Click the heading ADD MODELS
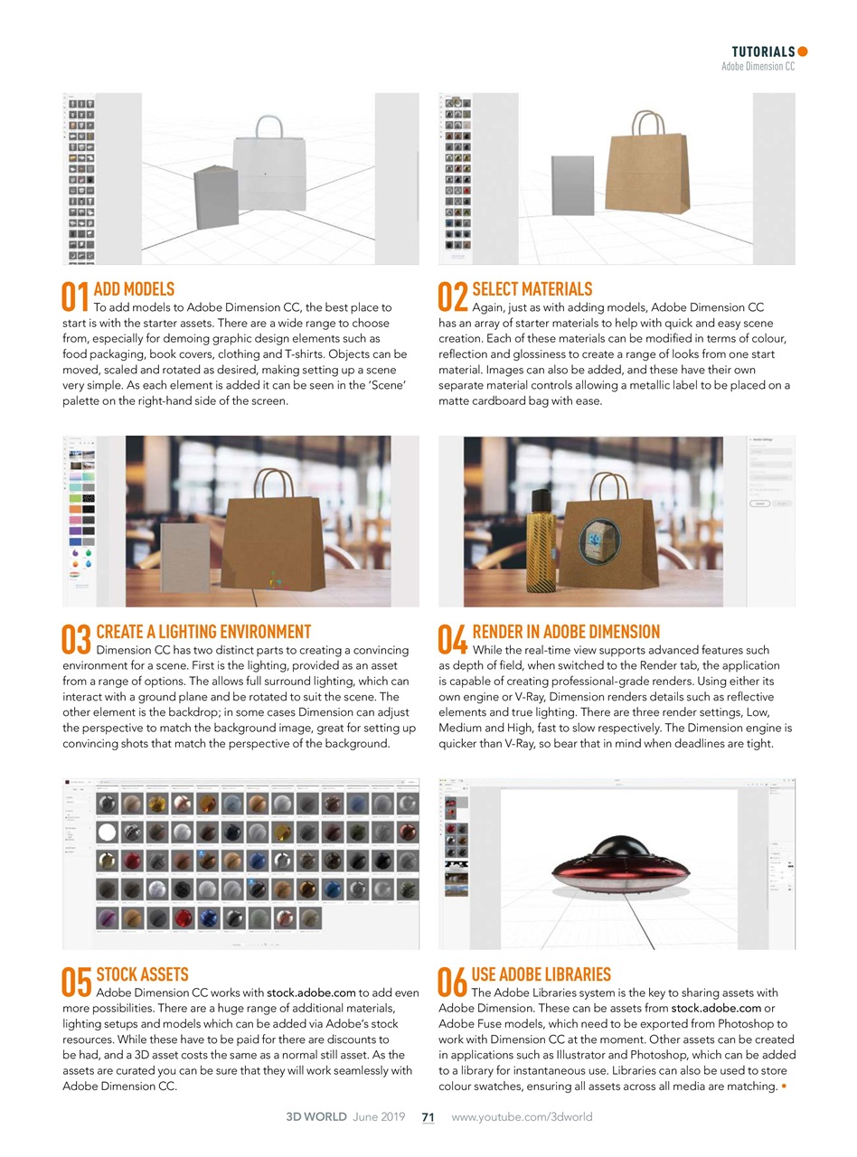coord(134,289)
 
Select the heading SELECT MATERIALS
coord(532,289)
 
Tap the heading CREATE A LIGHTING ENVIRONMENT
coord(203,632)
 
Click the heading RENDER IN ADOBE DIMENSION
coord(566,632)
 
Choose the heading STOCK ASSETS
coord(142,974)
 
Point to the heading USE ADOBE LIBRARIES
coord(541,974)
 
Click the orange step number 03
coord(76,639)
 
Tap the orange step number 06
coord(453,982)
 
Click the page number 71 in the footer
coord(428,1117)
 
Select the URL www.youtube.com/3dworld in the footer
coord(522,1117)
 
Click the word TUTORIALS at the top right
coord(763,52)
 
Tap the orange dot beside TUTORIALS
coord(803,52)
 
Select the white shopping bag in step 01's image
coord(268,167)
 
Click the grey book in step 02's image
coord(572,185)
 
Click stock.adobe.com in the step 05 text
coord(311,992)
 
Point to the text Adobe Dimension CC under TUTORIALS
coord(758,67)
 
